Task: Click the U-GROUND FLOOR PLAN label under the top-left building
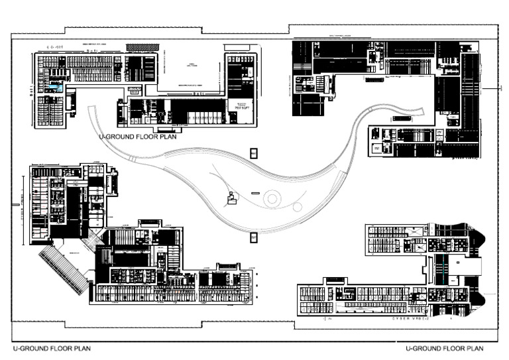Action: [138, 137]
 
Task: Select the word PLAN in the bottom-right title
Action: [474, 348]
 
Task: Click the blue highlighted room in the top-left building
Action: [56, 88]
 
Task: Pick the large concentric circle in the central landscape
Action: [272, 198]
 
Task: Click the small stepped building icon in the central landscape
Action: [231, 198]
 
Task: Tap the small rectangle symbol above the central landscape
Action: [253, 153]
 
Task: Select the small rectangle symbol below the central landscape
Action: [253, 237]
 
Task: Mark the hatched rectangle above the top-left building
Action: [142, 47]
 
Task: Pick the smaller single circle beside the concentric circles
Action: [298, 207]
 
